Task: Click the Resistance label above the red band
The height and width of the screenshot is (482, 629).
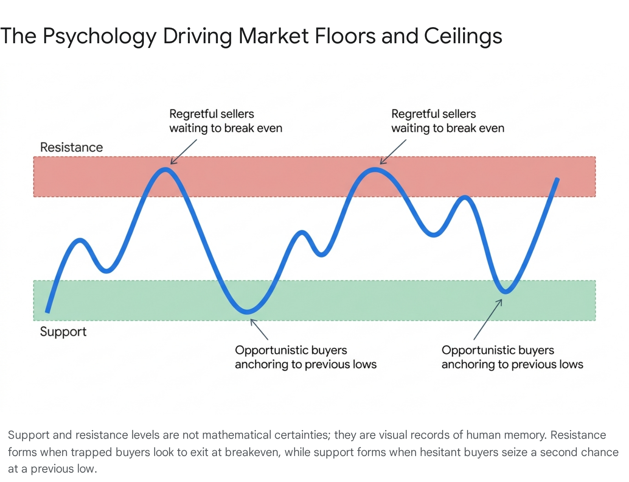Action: pyautogui.click(x=72, y=147)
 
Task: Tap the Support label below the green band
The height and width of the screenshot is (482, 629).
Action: pyautogui.click(x=63, y=332)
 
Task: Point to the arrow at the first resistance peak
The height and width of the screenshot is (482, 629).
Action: pyautogui.click(x=184, y=152)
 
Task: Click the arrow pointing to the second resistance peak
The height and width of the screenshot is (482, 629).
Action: pyautogui.click(x=393, y=152)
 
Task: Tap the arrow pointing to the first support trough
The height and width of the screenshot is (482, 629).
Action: pyautogui.click(x=259, y=329)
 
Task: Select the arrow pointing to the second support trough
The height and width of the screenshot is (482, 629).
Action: pyautogui.click(x=488, y=320)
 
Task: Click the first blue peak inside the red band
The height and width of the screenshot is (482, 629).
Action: pyautogui.click(x=165, y=170)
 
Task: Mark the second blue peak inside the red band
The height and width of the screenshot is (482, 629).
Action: pyautogui.click(x=375, y=170)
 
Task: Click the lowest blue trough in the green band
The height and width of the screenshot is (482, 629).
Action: pyautogui.click(x=247, y=311)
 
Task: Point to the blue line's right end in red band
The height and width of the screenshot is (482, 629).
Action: pyautogui.click(x=557, y=179)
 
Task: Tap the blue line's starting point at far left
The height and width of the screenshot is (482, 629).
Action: pyautogui.click(x=48, y=312)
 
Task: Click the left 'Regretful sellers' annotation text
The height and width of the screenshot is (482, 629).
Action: pyautogui.click(x=226, y=121)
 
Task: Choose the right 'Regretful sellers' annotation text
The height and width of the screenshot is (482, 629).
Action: pyautogui.click(x=448, y=121)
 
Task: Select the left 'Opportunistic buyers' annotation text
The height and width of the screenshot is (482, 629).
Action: pyautogui.click(x=306, y=357)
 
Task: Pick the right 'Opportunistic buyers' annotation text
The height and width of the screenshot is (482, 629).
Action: pyautogui.click(x=512, y=357)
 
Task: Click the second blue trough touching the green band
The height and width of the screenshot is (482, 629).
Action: pyautogui.click(x=506, y=291)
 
